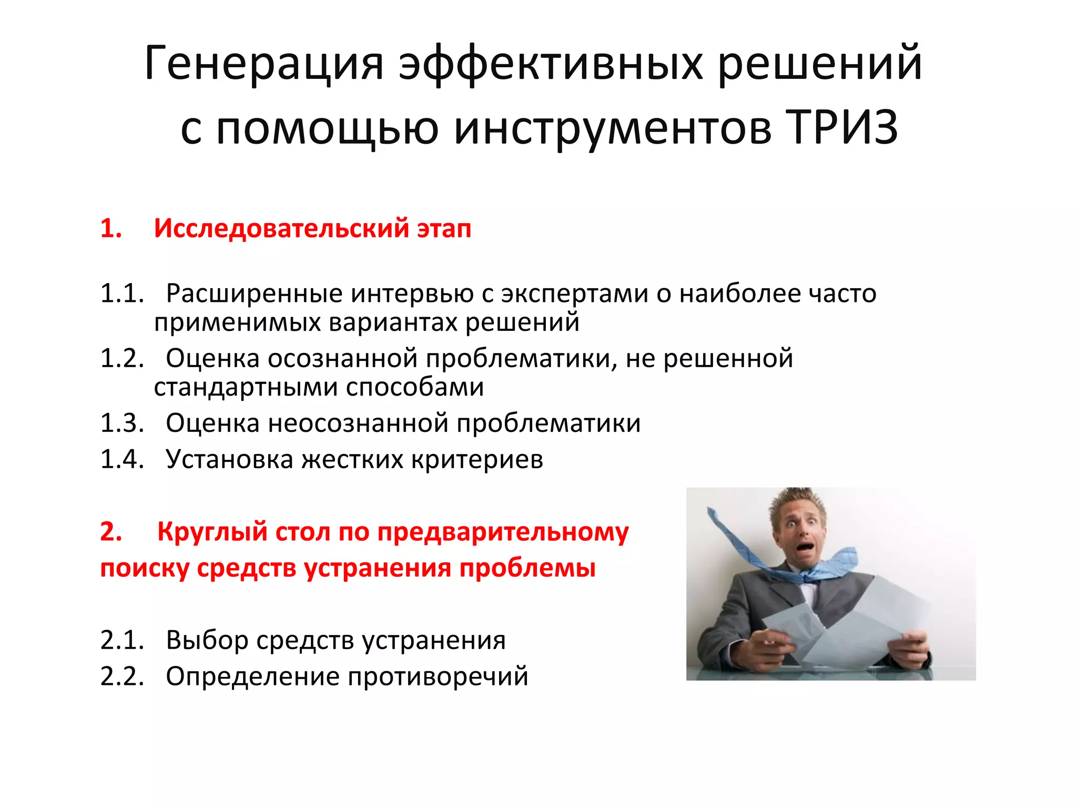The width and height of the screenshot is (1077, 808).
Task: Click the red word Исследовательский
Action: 281,228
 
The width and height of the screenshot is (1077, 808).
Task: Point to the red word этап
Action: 444,229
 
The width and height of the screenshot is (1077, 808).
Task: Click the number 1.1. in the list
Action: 122,293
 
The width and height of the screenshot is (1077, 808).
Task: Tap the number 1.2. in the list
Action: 122,358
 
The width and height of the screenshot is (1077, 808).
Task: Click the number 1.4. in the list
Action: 122,459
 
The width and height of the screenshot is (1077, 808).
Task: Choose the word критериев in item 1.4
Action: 477,460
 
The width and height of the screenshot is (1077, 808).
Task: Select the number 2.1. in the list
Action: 122,640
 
